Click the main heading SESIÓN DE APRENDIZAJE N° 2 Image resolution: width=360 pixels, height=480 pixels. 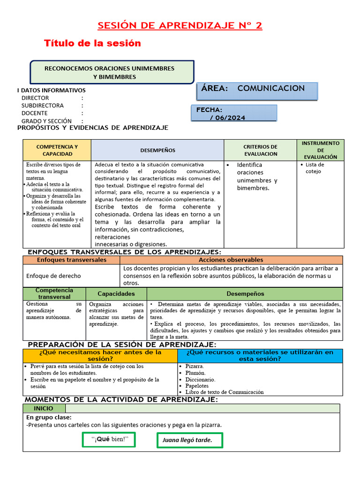click(180, 25)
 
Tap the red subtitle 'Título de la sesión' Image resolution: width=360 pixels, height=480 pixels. click(92, 43)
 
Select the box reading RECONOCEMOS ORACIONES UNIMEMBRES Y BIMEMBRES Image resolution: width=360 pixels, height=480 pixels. click(112, 72)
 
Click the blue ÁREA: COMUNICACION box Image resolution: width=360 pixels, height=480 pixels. click(257, 90)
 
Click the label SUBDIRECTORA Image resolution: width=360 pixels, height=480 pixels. click(43, 105)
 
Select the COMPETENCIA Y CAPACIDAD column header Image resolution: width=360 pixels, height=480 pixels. click(57, 150)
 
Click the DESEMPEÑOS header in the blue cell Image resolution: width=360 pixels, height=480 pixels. click(157, 150)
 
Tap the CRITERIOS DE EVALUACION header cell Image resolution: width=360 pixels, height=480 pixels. click(260, 150)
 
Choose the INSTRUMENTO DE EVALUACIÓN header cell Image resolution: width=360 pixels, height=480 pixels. click(321, 150)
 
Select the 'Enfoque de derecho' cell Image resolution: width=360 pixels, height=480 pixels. click(53, 276)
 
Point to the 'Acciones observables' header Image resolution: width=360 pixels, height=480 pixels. click(231, 260)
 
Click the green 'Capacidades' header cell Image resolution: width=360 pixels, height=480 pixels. click(116, 293)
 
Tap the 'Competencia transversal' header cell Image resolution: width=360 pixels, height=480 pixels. click(54, 293)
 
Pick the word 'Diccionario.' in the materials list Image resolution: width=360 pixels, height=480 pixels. click(200, 379)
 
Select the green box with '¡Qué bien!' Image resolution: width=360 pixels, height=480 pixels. click(108, 439)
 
